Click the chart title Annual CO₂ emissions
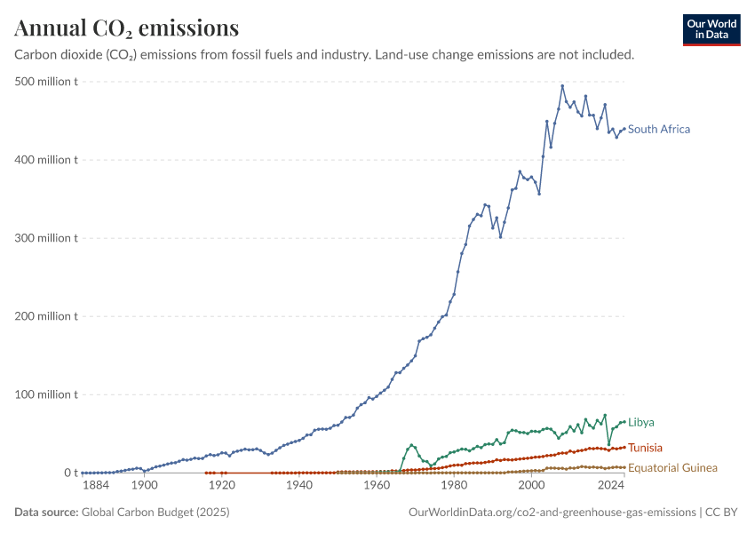pyautogui.click(x=127, y=28)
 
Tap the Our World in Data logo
pyautogui.click(x=711, y=30)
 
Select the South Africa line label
pyautogui.click(x=659, y=129)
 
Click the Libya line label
pyautogui.click(x=641, y=422)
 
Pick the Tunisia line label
pyautogui.click(x=645, y=448)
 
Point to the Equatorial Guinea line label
pyautogui.click(x=672, y=468)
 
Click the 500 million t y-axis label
pyautogui.click(x=46, y=82)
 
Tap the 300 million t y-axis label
pyautogui.click(x=46, y=238)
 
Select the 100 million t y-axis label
pyautogui.click(x=46, y=394)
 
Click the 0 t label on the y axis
pyautogui.click(x=71, y=473)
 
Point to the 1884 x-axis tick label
pyautogui.click(x=96, y=485)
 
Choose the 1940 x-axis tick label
pyautogui.click(x=299, y=485)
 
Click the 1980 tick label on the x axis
pyautogui.click(x=454, y=485)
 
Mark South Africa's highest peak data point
pyautogui.click(x=562, y=86)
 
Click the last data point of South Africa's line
pyautogui.click(x=624, y=129)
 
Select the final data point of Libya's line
pyautogui.click(x=624, y=422)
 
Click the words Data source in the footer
pyautogui.click(x=46, y=512)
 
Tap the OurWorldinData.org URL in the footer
pyautogui.click(x=552, y=512)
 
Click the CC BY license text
pyautogui.click(x=721, y=512)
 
